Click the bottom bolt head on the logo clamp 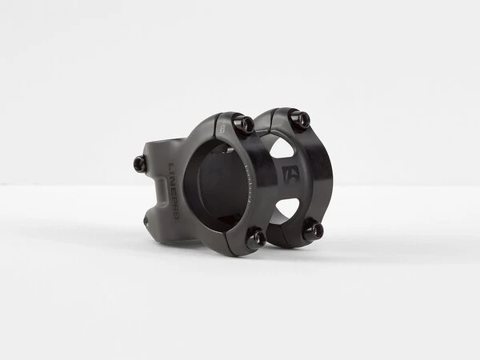tap(312, 231)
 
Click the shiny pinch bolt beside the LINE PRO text tap(139, 164)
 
